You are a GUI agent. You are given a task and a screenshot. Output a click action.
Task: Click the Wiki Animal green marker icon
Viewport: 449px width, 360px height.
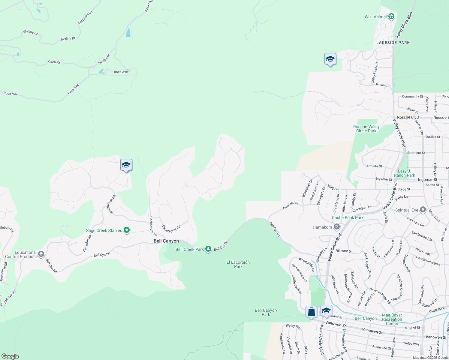coord(391,16)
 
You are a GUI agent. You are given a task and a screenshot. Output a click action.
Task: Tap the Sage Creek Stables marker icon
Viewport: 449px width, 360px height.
coord(127,230)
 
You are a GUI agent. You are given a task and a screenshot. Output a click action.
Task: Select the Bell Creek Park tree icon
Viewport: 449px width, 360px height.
coord(208,249)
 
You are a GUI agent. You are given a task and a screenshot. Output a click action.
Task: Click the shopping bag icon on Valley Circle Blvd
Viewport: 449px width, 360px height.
coord(311,311)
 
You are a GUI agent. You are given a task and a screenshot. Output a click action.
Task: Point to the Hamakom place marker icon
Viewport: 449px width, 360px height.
coord(337,227)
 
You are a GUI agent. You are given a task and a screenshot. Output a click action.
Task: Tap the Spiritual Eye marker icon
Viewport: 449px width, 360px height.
coord(423,210)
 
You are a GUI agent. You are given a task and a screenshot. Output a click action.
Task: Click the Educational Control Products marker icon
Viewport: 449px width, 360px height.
coord(41,254)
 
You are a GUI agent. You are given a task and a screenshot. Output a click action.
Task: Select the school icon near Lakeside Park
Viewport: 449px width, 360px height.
coord(330,59)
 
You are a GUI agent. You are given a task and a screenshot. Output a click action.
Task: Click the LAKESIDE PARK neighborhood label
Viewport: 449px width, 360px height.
coord(393,43)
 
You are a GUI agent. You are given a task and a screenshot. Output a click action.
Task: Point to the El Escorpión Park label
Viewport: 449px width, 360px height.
coord(238,264)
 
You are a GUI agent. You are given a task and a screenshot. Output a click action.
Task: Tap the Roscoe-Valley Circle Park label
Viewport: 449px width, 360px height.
coord(366,129)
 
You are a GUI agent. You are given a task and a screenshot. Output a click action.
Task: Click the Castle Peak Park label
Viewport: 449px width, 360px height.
coord(348,217)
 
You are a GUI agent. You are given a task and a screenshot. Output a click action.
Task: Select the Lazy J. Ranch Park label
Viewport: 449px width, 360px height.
coord(405,173)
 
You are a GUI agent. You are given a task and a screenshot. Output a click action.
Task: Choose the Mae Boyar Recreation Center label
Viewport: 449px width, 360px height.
coord(392,319)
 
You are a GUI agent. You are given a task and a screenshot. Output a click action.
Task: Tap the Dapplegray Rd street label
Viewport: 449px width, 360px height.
coord(171,229)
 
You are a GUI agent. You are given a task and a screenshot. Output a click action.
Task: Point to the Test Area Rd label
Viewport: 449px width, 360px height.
coord(85,18)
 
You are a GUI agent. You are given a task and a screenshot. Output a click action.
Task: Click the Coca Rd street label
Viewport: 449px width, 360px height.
coord(54,62)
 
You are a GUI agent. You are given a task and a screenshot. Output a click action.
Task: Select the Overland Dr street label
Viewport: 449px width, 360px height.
coord(291,205)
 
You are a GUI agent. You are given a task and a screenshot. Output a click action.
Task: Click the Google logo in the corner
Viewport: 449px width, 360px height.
coord(10,356)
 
